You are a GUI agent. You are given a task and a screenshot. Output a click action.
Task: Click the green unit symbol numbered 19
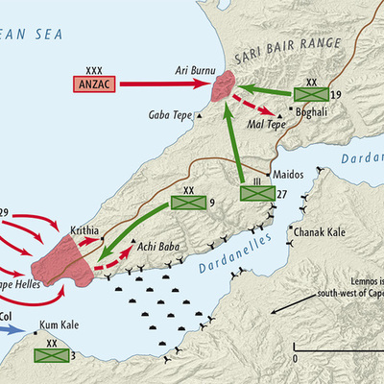pos(310,94)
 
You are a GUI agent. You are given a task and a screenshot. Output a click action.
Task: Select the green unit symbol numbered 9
pos(184,204)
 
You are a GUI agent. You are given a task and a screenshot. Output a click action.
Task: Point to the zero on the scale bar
pos(296,357)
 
